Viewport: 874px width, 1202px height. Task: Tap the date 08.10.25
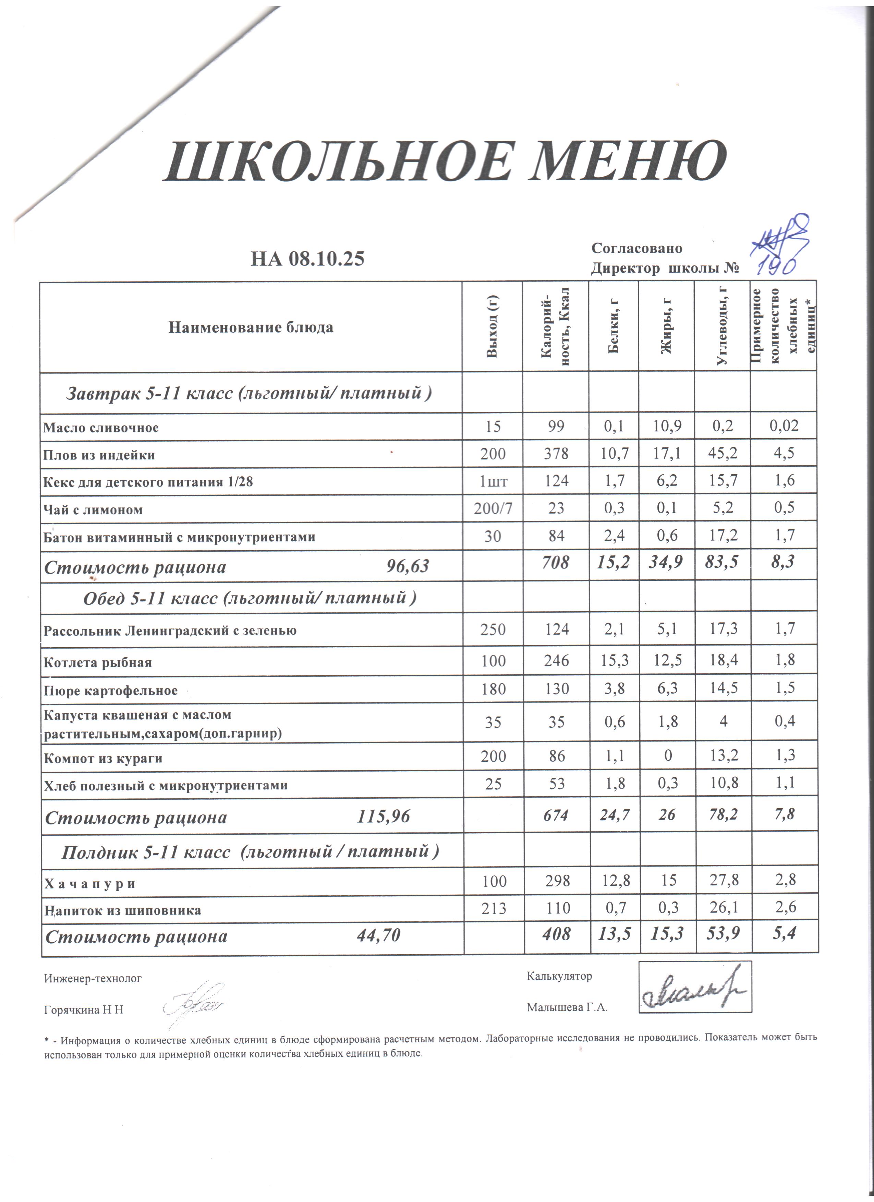coord(327,259)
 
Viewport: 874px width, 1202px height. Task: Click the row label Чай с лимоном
coord(93,510)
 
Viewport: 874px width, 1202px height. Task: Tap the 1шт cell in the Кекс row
coord(493,481)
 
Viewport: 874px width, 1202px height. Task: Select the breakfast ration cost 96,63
coord(407,566)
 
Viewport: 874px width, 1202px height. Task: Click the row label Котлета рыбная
coord(98,662)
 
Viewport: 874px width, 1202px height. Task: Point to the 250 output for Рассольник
coord(493,630)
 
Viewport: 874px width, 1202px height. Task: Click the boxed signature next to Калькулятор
coord(695,987)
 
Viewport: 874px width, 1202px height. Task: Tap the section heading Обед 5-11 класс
coord(250,598)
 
